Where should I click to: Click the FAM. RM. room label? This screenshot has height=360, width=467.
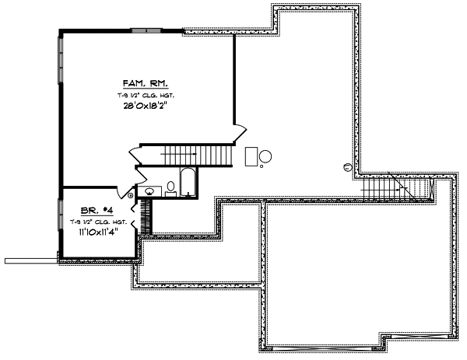tap(146, 82)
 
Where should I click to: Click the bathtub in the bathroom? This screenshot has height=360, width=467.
tap(188, 182)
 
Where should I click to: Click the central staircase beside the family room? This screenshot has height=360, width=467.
tap(187, 155)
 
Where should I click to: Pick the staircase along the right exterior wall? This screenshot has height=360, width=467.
tap(397, 188)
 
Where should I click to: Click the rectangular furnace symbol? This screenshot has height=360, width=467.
tap(251, 156)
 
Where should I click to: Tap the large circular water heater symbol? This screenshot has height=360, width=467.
tap(265, 156)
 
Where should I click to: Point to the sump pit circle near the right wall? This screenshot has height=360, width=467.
tap(346, 166)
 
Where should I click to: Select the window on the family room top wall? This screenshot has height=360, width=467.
tap(146, 30)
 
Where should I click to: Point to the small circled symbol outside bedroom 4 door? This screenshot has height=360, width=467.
tap(130, 196)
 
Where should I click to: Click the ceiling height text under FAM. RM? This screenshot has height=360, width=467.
tap(146, 94)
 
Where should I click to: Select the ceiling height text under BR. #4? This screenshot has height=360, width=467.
tap(99, 222)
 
